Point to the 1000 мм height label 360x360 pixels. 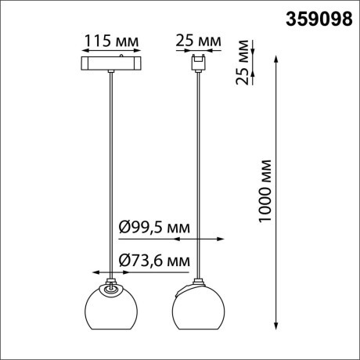pyautogui.click(x=267, y=192)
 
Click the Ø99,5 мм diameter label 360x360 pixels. pyautogui.click(x=153, y=227)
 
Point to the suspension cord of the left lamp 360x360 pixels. pyautogui.click(x=113, y=172)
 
